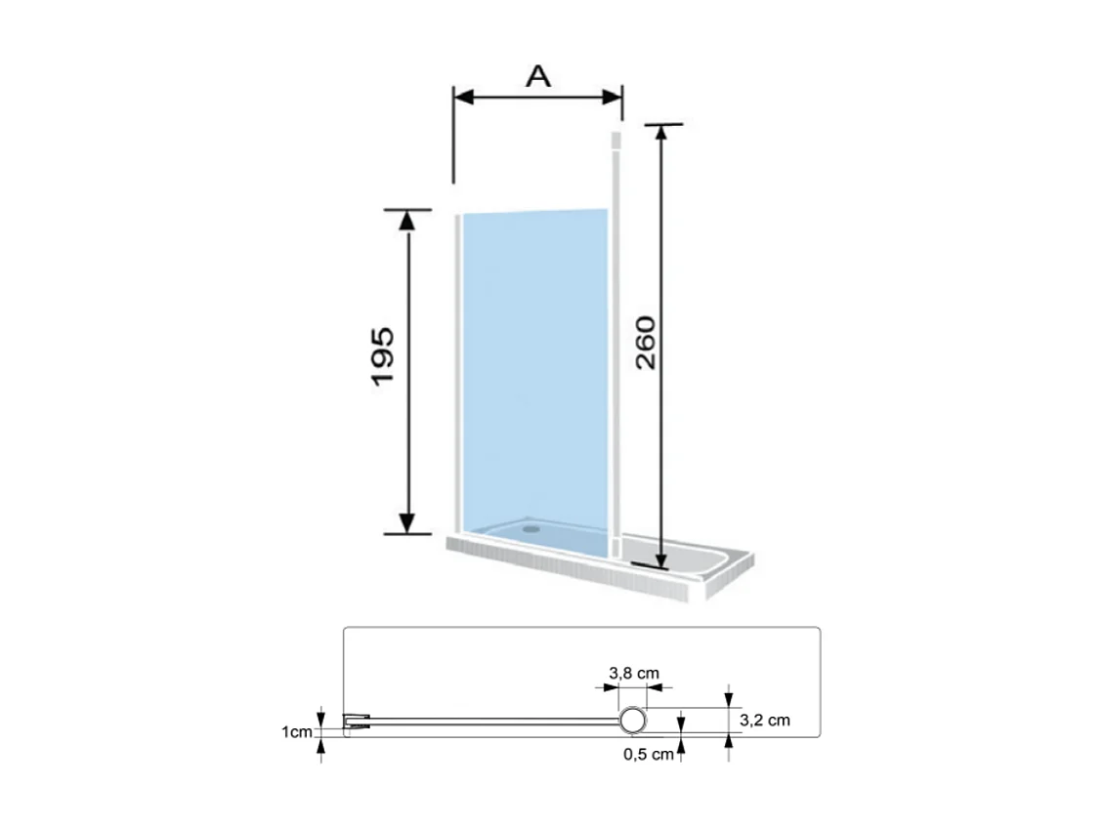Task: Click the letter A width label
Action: click(x=537, y=76)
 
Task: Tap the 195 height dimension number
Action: click(x=382, y=354)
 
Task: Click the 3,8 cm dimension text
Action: click(x=634, y=673)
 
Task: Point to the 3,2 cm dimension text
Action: click(x=765, y=721)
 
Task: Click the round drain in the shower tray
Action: click(x=531, y=525)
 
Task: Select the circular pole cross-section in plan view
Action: click(x=633, y=722)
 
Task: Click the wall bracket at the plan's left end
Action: click(x=357, y=723)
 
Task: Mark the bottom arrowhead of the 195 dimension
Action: click(x=407, y=523)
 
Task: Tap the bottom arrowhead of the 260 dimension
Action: click(x=661, y=555)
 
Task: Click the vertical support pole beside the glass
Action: click(x=616, y=342)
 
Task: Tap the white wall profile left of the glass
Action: click(x=457, y=371)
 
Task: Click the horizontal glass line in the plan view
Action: click(x=488, y=723)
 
